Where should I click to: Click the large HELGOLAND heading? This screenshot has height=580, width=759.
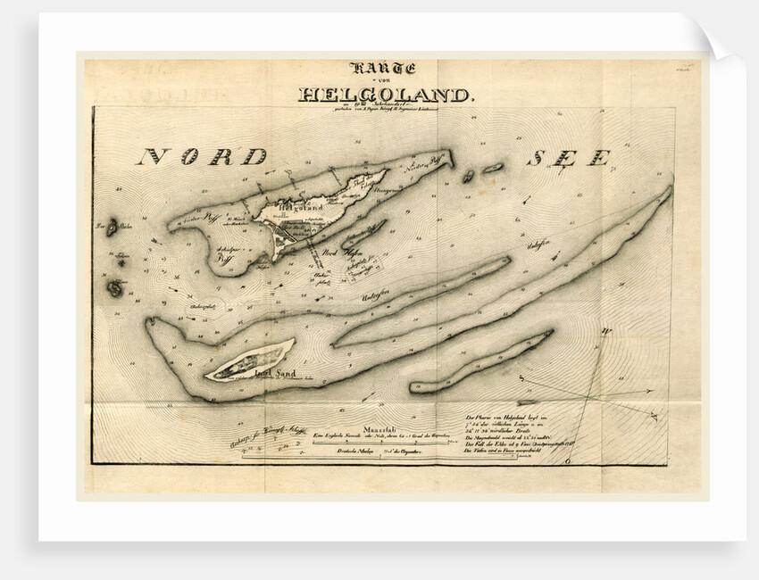(x=382, y=94)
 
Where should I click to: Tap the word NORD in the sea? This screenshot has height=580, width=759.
(x=201, y=157)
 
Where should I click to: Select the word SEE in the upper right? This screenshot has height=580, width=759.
(x=569, y=158)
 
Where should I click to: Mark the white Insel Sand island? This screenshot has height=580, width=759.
(x=249, y=360)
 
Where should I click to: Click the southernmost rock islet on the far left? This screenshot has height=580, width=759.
(x=115, y=287)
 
